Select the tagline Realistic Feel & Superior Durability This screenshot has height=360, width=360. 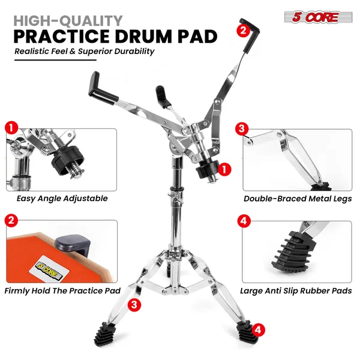click(85, 51)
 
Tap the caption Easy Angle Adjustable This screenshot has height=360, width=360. click(62, 198)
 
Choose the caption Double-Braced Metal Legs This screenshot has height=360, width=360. click(298, 198)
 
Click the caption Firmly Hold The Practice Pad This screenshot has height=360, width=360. click(62, 290)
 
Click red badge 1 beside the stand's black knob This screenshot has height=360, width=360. click(223, 169)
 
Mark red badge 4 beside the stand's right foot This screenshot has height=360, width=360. click(257, 329)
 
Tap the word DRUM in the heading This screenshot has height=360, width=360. click(152, 35)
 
